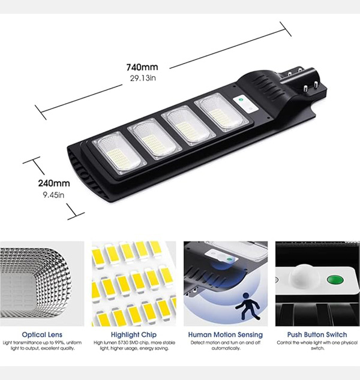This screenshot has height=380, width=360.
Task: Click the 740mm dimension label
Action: click(142, 67)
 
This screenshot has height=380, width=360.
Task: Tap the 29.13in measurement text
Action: click(143, 78)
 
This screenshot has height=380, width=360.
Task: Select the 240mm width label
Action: click(54, 183)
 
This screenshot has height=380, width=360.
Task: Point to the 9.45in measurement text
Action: click(53, 195)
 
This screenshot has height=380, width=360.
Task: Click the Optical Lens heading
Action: click(42, 334)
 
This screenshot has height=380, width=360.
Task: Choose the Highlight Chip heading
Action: click(134, 334)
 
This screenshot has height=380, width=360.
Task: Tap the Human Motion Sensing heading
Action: click(226, 334)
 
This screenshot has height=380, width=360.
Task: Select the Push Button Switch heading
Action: click(317, 334)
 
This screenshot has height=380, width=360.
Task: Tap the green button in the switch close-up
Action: click(335, 281)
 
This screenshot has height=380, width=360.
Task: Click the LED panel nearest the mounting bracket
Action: click(221, 112)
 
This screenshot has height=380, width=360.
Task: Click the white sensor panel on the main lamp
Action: click(245, 104)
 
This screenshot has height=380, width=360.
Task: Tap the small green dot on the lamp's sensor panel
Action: click(241, 99)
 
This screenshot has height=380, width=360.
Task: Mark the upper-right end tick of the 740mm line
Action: click(286, 29)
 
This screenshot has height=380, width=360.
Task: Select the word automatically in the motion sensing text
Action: click(226, 348)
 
